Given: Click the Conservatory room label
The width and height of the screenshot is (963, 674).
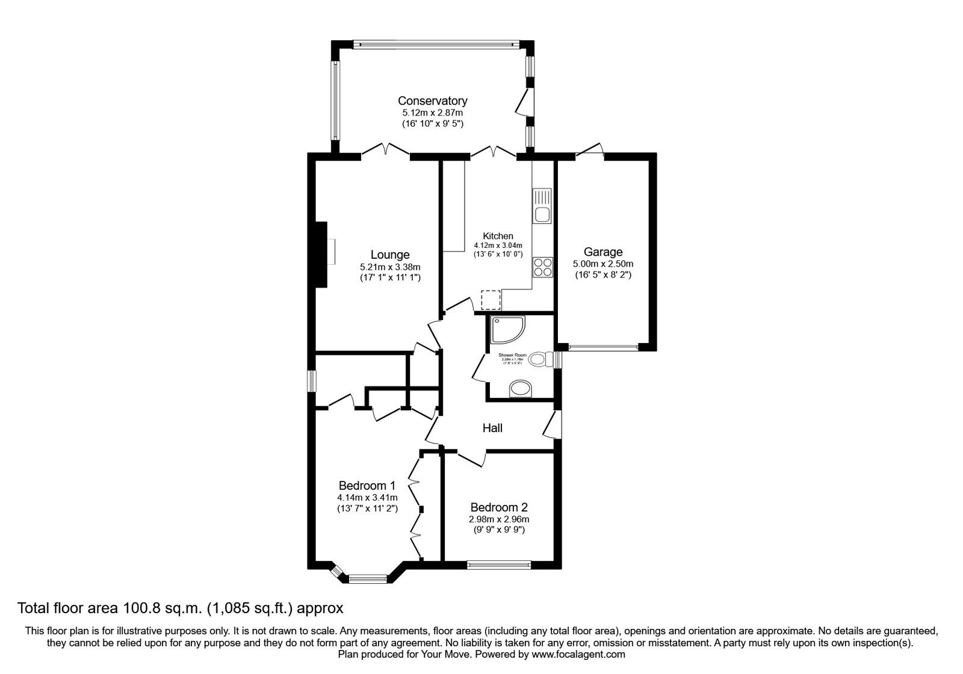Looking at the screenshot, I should point(432,100).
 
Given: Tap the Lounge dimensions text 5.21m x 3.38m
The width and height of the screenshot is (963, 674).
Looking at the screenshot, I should point(389,267).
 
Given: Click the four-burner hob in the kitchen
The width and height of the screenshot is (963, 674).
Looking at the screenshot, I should point(542,267).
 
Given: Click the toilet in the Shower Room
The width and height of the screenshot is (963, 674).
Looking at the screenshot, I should point(538,360).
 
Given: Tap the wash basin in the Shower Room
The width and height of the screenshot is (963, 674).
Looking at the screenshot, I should point(520,389).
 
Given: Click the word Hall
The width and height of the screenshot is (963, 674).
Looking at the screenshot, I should point(492,428).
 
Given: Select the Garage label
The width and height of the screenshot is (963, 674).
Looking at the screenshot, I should point(602,252).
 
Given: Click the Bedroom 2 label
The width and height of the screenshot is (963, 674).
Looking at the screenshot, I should point(499,507).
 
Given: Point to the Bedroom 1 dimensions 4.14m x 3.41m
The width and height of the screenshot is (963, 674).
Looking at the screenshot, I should point(367,498).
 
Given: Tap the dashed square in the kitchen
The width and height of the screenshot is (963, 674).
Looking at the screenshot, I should point(491,299).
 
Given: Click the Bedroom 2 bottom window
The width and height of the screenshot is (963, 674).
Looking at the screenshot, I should point(499,564).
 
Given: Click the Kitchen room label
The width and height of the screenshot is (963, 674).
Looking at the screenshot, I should point(498,236).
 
